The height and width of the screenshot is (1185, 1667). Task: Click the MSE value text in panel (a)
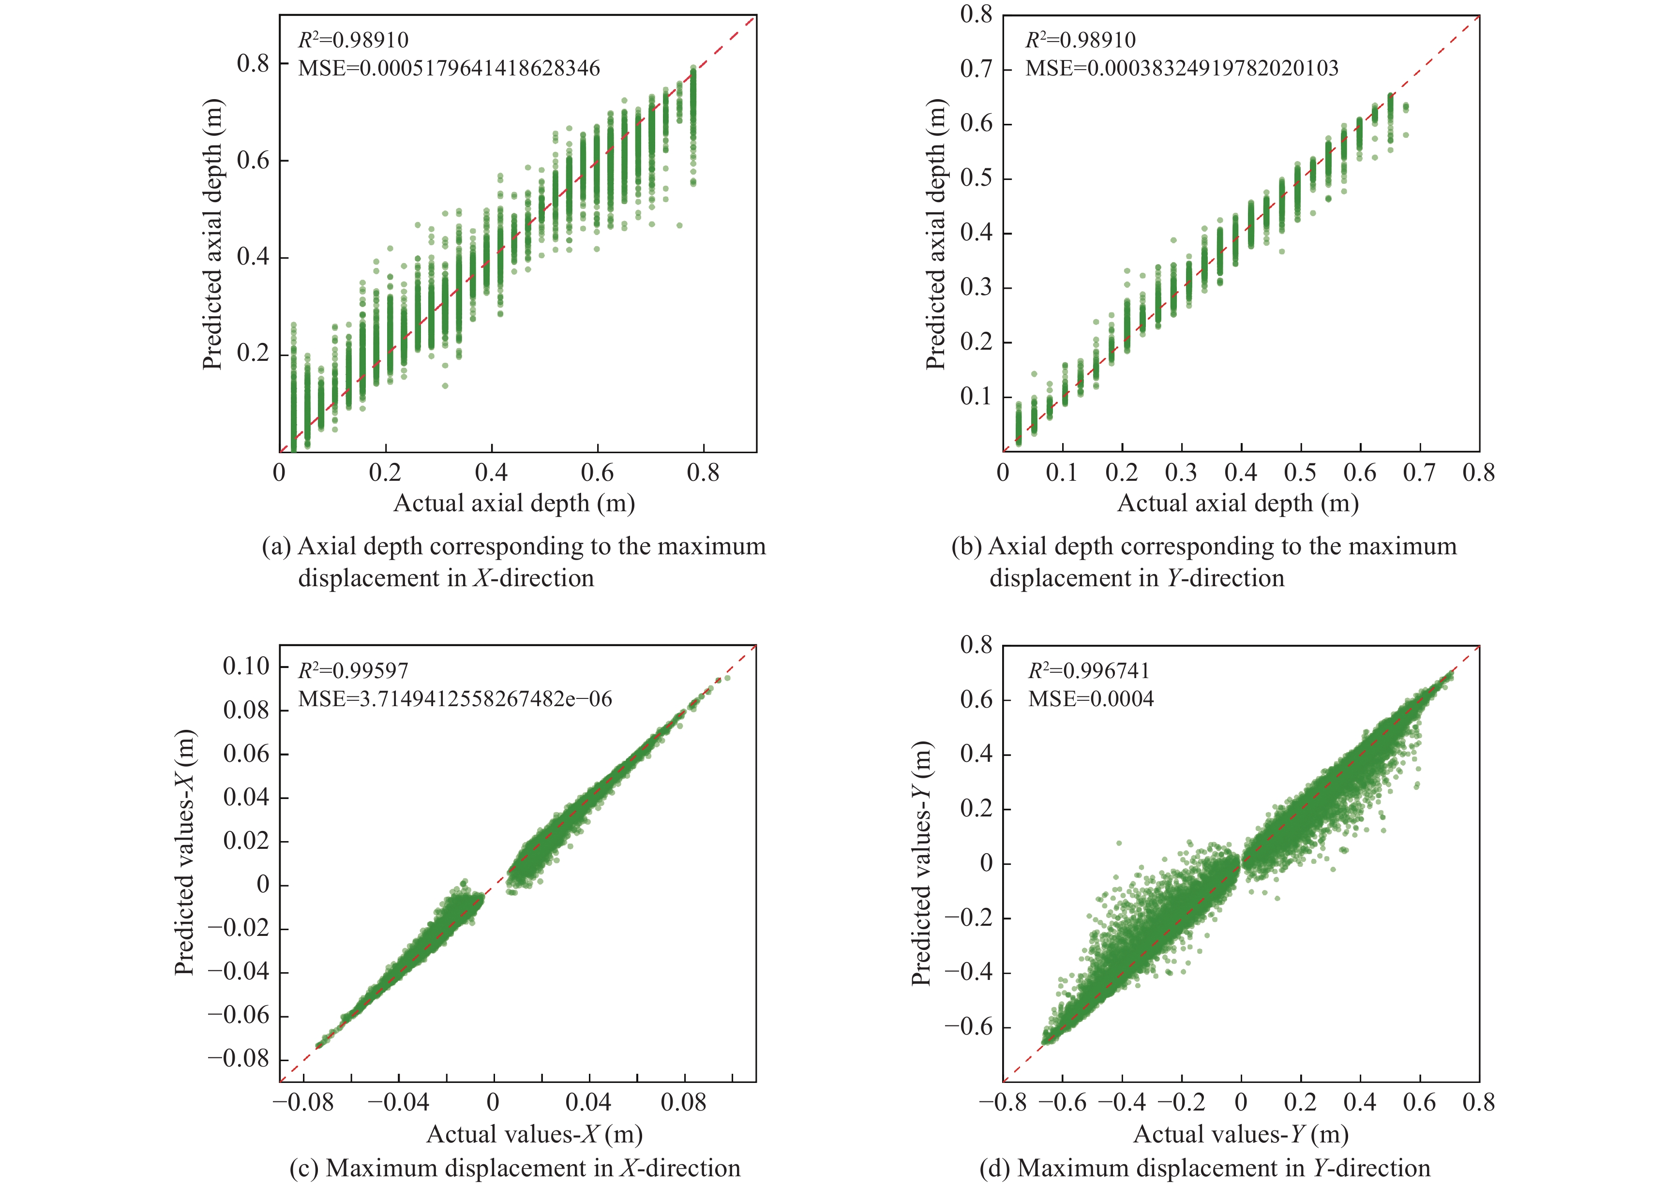click(x=449, y=69)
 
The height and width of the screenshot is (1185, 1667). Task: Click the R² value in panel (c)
click(x=353, y=670)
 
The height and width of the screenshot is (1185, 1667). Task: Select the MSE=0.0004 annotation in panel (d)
click(x=1091, y=699)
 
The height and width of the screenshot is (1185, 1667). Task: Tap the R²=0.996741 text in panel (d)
click(x=1089, y=670)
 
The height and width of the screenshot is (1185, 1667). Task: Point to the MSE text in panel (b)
click(x=1182, y=69)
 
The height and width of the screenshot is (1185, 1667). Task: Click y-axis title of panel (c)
click(x=185, y=852)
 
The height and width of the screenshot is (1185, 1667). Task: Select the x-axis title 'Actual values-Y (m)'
click(x=1241, y=1134)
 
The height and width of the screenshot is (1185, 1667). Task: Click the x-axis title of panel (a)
click(x=514, y=504)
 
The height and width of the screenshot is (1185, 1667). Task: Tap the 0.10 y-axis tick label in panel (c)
click(x=246, y=666)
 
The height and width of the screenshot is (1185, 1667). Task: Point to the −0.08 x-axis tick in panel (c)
click(x=303, y=1102)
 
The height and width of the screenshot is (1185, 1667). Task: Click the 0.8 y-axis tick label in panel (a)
click(x=253, y=63)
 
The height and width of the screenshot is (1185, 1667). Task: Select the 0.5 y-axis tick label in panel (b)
click(x=976, y=178)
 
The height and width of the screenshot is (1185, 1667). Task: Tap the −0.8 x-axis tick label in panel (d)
click(x=1003, y=1102)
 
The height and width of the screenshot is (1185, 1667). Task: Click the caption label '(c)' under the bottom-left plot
click(x=304, y=1168)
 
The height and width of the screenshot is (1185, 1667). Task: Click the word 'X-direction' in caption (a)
click(x=534, y=578)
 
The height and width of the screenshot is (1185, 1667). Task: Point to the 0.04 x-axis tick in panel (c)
click(x=588, y=1102)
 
